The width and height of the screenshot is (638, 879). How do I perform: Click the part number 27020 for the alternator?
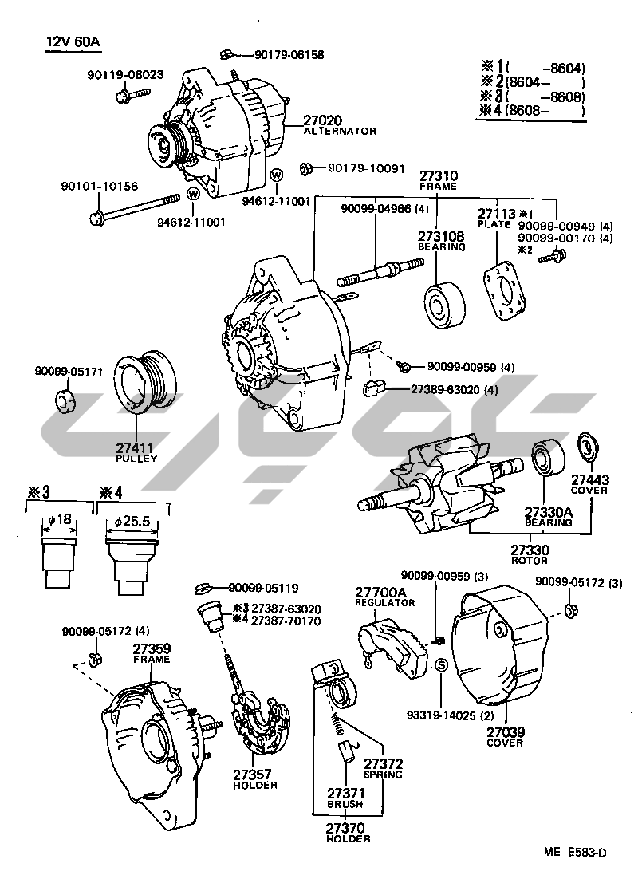click(x=323, y=120)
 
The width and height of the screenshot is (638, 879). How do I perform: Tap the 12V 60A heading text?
click(x=70, y=41)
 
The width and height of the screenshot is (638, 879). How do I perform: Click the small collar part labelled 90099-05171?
click(x=65, y=401)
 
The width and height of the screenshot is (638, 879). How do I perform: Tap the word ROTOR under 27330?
click(x=530, y=560)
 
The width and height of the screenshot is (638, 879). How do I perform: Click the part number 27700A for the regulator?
click(x=380, y=593)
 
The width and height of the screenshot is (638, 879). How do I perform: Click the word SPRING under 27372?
click(x=383, y=775)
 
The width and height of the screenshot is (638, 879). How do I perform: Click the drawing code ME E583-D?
click(x=575, y=852)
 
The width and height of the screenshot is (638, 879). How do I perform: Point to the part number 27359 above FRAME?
click(x=152, y=649)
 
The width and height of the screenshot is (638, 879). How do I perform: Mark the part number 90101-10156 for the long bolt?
click(x=100, y=186)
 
